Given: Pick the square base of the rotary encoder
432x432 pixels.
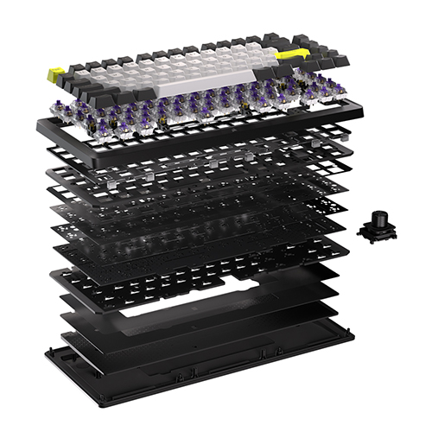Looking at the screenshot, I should click(377, 232).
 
